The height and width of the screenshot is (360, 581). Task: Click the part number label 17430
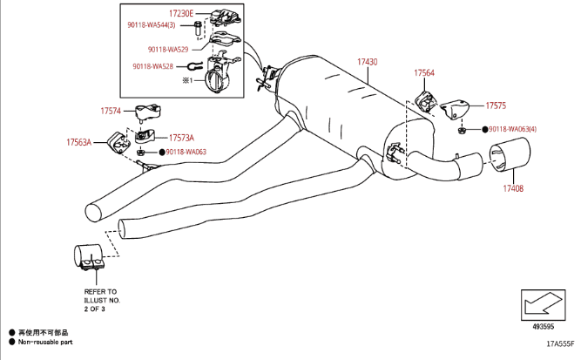click(368, 62)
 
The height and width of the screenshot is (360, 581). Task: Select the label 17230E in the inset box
click(181, 14)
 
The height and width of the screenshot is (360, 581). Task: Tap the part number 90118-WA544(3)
click(152, 24)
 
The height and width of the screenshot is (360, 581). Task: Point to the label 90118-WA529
click(168, 50)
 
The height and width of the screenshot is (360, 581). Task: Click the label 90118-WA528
click(153, 66)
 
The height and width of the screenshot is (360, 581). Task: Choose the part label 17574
click(111, 111)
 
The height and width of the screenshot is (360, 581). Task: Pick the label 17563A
click(79, 142)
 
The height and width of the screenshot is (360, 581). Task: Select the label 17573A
click(181, 138)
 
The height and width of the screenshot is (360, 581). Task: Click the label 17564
click(424, 72)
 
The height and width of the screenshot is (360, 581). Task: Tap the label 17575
click(496, 105)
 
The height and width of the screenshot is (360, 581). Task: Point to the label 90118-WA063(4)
click(512, 129)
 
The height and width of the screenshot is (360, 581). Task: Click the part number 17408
click(513, 188)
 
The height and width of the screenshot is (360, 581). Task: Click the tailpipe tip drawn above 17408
click(510, 154)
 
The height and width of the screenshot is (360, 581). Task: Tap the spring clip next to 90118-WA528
click(194, 67)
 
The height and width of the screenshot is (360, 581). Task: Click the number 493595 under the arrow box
click(544, 327)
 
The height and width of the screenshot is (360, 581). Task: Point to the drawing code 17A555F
click(560, 343)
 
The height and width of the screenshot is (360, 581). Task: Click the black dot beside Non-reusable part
click(12, 342)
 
